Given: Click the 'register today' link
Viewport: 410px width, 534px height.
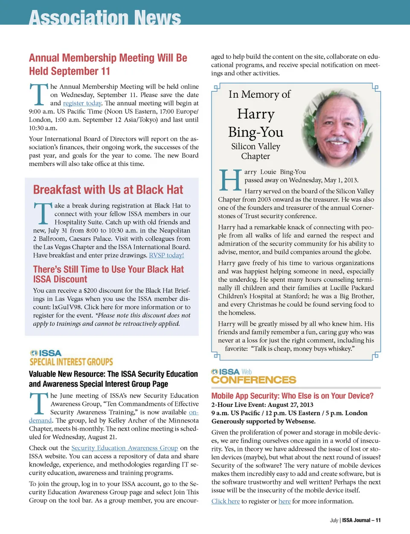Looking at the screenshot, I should click(x=82, y=103).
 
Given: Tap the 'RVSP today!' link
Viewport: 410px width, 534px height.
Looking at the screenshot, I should click(x=166, y=255).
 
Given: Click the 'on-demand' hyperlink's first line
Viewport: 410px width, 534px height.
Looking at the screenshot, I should click(x=193, y=412).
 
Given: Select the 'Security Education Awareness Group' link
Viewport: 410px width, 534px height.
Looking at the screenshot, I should click(x=124, y=448).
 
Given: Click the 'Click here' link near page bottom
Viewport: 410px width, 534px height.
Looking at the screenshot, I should click(x=225, y=501).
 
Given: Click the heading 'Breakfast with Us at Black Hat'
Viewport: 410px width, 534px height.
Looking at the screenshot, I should click(x=108, y=190).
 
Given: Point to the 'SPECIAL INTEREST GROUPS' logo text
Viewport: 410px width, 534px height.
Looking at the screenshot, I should click(x=71, y=362).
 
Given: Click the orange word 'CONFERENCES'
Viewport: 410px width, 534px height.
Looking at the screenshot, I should click(x=254, y=380).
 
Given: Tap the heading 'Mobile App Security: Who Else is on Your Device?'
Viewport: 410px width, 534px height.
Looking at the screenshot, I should click(x=292, y=396).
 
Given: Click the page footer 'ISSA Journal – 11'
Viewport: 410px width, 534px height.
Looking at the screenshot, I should click(x=361, y=520).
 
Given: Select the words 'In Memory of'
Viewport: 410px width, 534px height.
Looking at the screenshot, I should click(x=259, y=94).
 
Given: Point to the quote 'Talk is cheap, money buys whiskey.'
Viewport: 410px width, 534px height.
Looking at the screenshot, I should click(x=302, y=349).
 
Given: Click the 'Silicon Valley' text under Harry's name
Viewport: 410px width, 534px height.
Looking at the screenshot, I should click(x=255, y=146).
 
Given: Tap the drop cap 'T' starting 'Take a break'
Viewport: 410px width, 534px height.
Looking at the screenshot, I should click(x=43, y=213).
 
